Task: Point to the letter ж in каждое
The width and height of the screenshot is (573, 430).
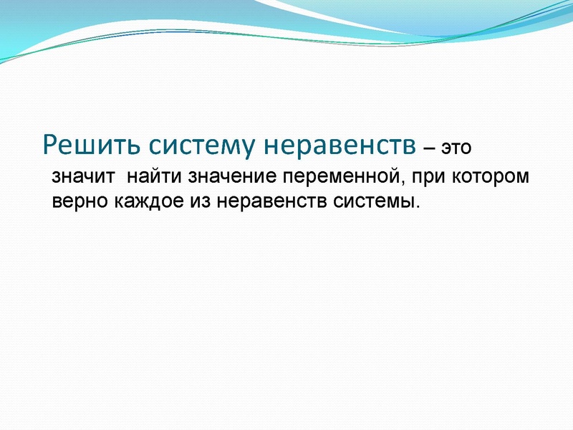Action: pyautogui.click(x=142, y=201)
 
